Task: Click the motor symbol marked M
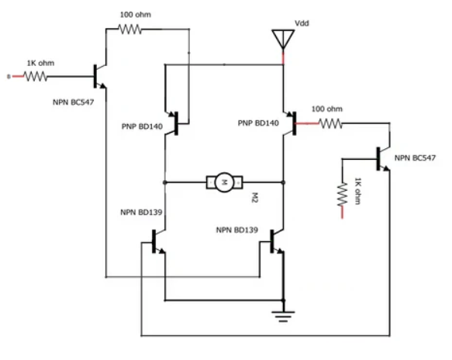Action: pos(223,182)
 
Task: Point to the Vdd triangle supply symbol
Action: pos(283,39)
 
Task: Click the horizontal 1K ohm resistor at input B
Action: pos(36,76)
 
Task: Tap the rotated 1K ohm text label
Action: pos(357,190)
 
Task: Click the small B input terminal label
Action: pos(9,76)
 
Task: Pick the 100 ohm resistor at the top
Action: pos(130,29)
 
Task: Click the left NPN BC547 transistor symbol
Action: pos(98,75)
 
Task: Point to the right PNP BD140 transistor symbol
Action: pos(288,122)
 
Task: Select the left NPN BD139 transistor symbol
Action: pos(158,242)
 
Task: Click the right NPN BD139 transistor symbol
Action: pos(276,243)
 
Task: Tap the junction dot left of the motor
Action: pos(164,182)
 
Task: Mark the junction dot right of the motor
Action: pos(284,182)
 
